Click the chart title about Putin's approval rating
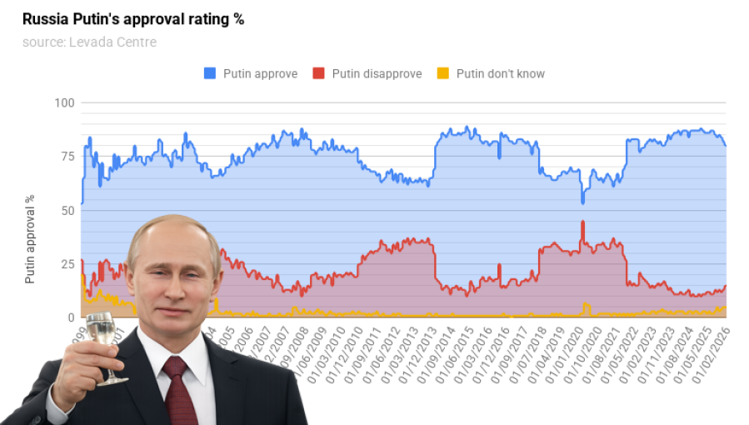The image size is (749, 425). pyautogui.click(x=133, y=19)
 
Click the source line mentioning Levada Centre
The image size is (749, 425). pyautogui.click(x=89, y=42)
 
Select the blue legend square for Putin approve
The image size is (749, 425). pyautogui.click(x=210, y=73)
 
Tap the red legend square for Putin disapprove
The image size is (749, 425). pyautogui.click(x=318, y=73)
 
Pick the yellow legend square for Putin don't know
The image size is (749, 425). pyautogui.click(x=442, y=73)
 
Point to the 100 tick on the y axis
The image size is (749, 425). pyautogui.click(x=64, y=103)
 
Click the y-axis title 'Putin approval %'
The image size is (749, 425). pyautogui.click(x=30, y=240)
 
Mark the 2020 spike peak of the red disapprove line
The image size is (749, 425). pyautogui.click(x=582, y=222)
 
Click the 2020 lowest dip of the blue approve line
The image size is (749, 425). pyautogui.click(x=582, y=202)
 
